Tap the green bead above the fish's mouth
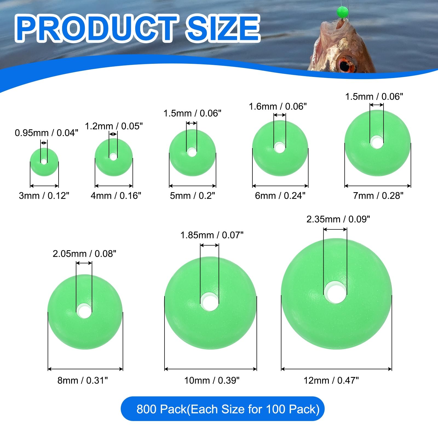(x=342, y=12)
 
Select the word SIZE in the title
(x=222, y=28)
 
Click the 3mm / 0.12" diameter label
(x=44, y=196)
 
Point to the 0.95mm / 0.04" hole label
(x=46, y=133)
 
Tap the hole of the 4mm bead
(x=113, y=157)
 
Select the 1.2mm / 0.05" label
(x=114, y=126)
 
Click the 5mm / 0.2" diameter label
(x=192, y=196)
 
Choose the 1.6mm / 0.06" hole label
(x=278, y=106)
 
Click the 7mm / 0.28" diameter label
(x=378, y=196)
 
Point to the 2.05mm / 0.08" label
(x=84, y=254)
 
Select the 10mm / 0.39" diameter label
(x=212, y=381)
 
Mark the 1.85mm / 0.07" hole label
(x=212, y=235)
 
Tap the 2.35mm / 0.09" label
(x=338, y=219)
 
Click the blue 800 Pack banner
(x=222, y=409)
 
